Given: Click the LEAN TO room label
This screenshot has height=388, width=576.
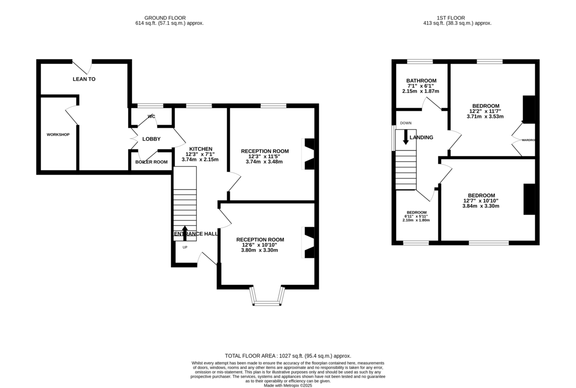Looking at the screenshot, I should point(84,79).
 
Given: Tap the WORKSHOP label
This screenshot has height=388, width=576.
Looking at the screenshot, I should point(58,135).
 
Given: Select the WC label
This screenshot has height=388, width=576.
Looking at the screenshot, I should point(152,117).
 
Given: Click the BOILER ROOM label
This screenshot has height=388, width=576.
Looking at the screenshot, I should point(151,162).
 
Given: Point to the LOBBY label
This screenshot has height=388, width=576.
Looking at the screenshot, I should point(151,139).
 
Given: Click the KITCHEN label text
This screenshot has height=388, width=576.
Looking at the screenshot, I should point(201,149).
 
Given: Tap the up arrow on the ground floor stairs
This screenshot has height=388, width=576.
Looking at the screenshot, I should point(185,232).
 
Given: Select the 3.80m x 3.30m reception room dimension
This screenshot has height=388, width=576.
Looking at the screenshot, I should point(260,250).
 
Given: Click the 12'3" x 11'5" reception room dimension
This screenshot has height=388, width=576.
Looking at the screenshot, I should point(264,156).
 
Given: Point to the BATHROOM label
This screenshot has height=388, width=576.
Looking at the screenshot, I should point(421,81).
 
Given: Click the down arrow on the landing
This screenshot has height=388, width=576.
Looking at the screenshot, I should point(406,137).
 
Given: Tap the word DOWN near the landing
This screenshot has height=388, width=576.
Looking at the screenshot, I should point(406,123).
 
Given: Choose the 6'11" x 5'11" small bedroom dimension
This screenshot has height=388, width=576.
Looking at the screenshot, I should point(417,216).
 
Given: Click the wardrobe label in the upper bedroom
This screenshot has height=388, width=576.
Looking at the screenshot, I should point(528,141).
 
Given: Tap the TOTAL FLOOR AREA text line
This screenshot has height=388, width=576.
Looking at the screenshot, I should point(288,356).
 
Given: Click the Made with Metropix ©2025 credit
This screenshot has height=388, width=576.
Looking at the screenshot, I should point(288,385).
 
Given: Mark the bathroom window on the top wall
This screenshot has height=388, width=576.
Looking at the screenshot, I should point(420,61).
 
